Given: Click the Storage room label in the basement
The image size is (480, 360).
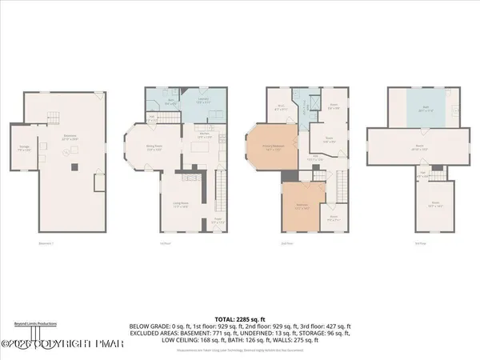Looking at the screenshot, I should [x=25, y=147].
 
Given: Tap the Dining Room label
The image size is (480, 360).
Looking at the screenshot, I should [x=154, y=147].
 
